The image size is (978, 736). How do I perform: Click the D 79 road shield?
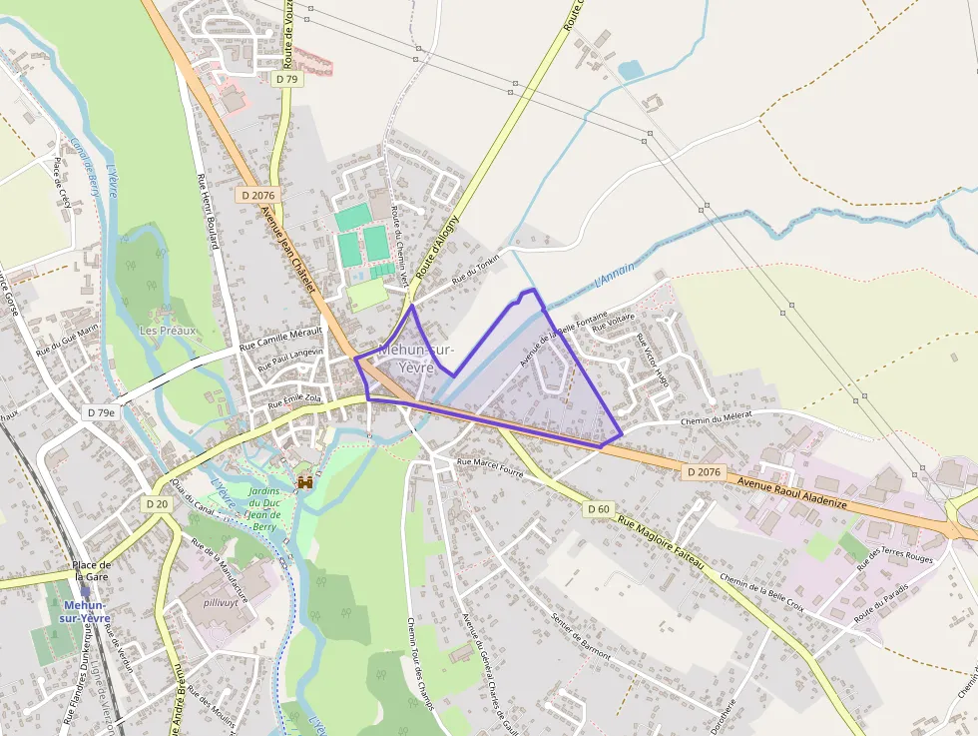(286, 79)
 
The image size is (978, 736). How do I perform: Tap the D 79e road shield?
(101, 412)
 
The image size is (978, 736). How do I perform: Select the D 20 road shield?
(157, 504)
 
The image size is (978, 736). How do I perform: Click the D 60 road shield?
(598, 509)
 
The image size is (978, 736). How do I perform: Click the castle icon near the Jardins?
(304, 482)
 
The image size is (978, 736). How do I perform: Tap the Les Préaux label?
(168, 331)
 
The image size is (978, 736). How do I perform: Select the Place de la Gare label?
(91, 570)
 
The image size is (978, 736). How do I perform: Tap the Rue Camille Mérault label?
(282, 338)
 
